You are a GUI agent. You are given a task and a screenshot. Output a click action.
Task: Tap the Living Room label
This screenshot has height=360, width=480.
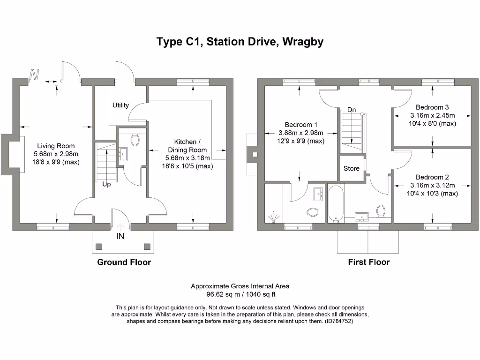[x=56, y=146]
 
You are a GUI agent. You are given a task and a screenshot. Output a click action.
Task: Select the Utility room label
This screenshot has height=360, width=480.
[x=120, y=105]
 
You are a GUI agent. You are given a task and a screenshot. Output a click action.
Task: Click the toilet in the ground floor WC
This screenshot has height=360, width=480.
[x=135, y=140]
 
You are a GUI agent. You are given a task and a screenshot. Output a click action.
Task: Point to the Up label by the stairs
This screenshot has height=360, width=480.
[x=106, y=184]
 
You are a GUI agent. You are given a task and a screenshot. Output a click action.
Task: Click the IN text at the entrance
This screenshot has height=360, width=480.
[x=120, y=237]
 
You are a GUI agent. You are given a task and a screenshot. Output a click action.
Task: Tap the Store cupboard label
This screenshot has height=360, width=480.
[x=351, y=168]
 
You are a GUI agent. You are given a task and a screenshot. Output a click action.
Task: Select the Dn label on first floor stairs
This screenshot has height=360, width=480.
[x=352, y=110]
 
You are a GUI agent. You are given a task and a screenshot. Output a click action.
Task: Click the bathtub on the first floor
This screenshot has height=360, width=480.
[x=336, y=203]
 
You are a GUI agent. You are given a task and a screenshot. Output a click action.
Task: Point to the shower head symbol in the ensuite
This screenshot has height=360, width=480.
[x=273, y=217]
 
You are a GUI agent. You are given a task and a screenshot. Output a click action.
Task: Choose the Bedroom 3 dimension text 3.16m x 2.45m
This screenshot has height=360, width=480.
[x=433, y=115]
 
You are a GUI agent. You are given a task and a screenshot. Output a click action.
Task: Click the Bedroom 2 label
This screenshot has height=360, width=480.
[x=432, y=177]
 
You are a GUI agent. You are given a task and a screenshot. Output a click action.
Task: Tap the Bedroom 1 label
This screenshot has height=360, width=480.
[x=301, y=125]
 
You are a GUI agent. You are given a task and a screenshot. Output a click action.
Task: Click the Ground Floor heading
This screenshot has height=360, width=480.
[x=124, y=262]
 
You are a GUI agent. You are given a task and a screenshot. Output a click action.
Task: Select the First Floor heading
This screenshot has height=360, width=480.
[x=368, y=262]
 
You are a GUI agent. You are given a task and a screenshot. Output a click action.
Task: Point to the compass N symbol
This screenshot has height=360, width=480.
[x=34, y=75]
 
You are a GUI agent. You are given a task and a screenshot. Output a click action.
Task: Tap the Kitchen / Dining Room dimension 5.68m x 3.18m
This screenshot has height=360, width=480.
[x=187, y=158]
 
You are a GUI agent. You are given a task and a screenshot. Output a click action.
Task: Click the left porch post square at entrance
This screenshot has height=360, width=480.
[x=99, y=246]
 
